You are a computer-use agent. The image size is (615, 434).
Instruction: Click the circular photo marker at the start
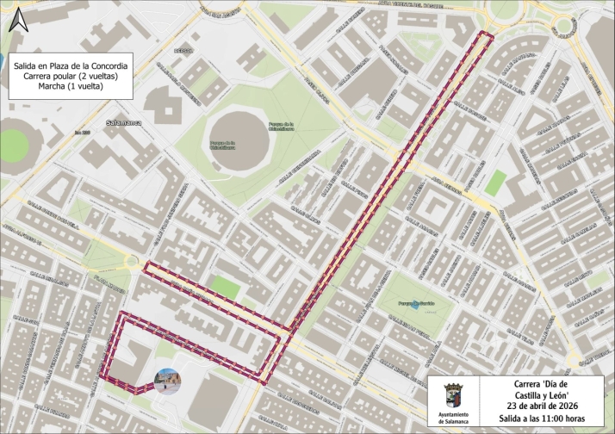click(166, 380)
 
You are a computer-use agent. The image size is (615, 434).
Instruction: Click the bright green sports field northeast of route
click(494, 182)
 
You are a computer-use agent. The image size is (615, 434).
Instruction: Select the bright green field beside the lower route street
click(225, 288)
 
